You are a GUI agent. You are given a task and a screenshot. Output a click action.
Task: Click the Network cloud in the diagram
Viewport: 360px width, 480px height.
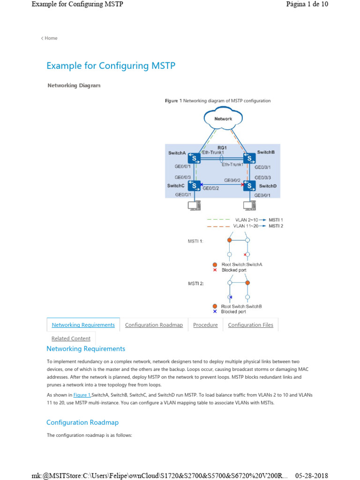[x=223, y=119]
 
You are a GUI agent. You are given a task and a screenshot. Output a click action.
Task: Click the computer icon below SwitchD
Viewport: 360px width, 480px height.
[x=249, y=205]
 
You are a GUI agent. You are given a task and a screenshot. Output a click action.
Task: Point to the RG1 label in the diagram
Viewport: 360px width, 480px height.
[x=222, y=148]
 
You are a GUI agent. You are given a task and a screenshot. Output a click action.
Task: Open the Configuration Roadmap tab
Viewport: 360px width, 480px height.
[x=154, y=325]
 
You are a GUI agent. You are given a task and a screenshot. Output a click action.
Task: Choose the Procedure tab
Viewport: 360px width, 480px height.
[x=205, y=325]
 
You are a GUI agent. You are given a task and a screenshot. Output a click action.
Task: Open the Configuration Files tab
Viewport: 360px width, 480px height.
[x=250, y=325]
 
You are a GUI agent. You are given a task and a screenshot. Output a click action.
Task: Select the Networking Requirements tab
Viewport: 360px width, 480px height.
[x=83, y=325]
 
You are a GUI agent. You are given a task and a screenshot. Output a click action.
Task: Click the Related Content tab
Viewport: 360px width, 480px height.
[x=71, y=338]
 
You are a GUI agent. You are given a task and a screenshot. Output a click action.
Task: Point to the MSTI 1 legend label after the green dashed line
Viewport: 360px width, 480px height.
[x=276, y=219]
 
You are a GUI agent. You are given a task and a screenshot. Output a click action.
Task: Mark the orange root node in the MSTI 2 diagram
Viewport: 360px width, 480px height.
[x=247, y=283]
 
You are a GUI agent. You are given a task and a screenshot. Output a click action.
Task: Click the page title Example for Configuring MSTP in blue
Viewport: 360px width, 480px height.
[x=111, y=66]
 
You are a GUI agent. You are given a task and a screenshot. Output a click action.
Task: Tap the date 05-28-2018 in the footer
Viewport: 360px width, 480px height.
[x=311, y=475]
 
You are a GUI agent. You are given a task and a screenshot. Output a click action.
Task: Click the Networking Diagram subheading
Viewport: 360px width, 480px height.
[x=74, y=85]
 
